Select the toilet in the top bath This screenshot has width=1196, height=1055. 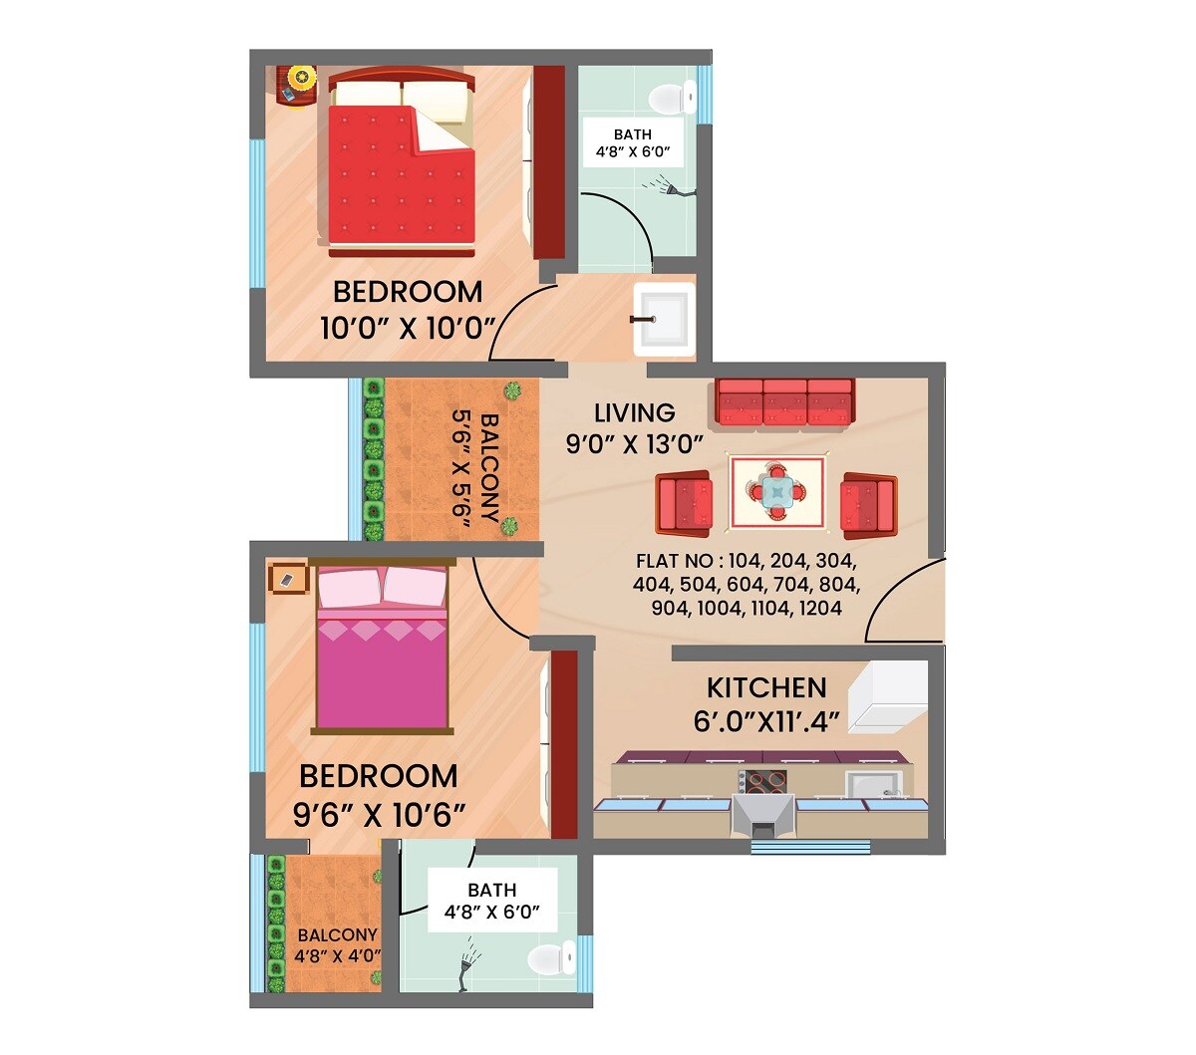(667, 99)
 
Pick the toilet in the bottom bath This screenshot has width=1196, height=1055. (547, 958)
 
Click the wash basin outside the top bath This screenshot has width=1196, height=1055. (664, 317)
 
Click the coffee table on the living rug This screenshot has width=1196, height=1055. (777, 491)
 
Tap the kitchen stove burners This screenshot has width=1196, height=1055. (763, 782)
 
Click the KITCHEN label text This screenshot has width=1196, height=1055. (766, 687)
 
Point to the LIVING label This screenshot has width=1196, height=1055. (634, 412)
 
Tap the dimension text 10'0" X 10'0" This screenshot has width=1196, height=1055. (407, 328)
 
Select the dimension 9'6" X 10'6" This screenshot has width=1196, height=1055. (379, 816)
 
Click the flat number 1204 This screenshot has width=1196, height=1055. (820, 608)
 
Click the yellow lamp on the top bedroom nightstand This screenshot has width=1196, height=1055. (302, 76)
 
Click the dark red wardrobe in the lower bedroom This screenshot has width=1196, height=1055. (564, 744)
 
